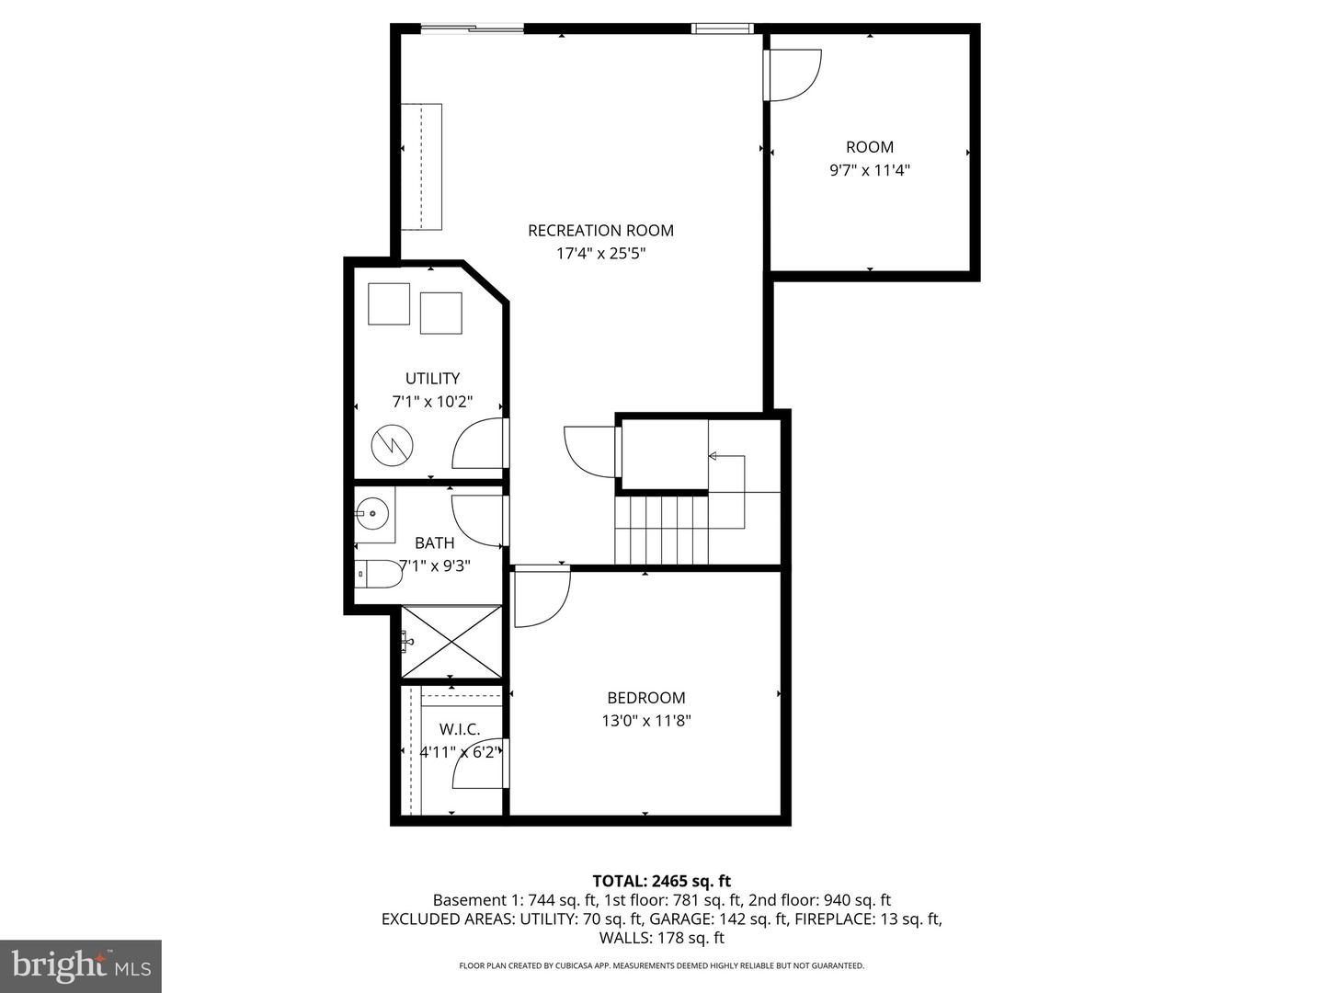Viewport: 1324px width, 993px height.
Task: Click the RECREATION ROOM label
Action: (600, 231)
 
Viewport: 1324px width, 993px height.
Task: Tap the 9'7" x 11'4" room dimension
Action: (870, 170)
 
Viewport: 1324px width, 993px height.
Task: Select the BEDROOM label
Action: (645, 698)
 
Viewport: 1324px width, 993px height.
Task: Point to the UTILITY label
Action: (432, 378)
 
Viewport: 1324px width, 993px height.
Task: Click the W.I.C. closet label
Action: (460, 729)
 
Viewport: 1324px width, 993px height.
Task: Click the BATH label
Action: (434, 542)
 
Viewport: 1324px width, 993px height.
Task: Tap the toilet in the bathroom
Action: (378, 575)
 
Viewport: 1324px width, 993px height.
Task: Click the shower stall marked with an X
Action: (452, 641)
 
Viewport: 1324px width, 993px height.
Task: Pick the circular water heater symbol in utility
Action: (393, 446)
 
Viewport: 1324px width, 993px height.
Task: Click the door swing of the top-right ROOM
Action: (793, 74)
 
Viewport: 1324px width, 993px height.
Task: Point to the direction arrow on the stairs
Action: (713, 456)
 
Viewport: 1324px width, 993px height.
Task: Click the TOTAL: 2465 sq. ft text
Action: (661, 882)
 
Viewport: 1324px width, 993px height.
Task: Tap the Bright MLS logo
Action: (81, 965)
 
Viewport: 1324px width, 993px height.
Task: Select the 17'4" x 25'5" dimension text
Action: (600, 254)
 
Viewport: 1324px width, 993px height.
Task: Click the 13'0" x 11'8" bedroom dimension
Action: (645, 721)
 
